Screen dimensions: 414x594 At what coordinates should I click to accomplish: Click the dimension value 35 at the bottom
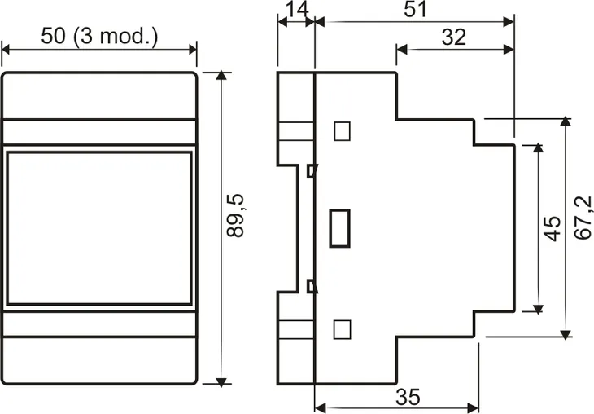tap(408, 397)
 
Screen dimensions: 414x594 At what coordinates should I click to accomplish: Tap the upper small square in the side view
tap(343, 130)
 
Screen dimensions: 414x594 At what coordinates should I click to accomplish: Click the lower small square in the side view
tap(343, 329)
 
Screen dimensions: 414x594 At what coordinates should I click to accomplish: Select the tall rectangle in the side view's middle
tap(339, 227)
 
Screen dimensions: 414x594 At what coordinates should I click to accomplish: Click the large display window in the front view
tap(99, 228)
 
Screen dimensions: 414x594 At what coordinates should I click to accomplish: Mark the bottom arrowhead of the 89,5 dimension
tap(221, 379)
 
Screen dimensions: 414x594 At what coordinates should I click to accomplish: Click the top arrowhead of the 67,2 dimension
tap(566, 123)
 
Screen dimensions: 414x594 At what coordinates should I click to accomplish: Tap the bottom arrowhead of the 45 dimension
tap(537, 307)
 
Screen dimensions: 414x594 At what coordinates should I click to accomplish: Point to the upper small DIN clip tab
tap(311, 171)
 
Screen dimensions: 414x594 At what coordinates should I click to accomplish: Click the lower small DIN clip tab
tap(311, 285)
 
